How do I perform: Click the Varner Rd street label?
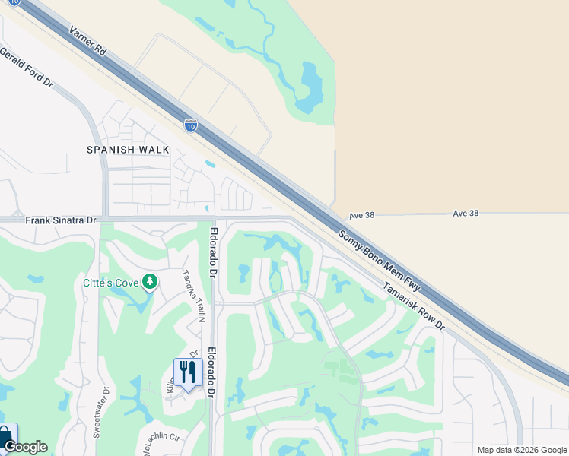coord(86,41)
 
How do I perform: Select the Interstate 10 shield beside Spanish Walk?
coord(190,125)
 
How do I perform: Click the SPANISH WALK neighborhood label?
coord(128,150)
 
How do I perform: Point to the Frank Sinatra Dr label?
coord(61,220)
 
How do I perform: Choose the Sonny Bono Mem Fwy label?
coord(377,261)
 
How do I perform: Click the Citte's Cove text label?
coord(110,283)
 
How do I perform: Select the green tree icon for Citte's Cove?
coord(150,282)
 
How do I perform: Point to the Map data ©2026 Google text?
coord(521,450)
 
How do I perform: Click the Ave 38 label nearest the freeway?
coord(362,215)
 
